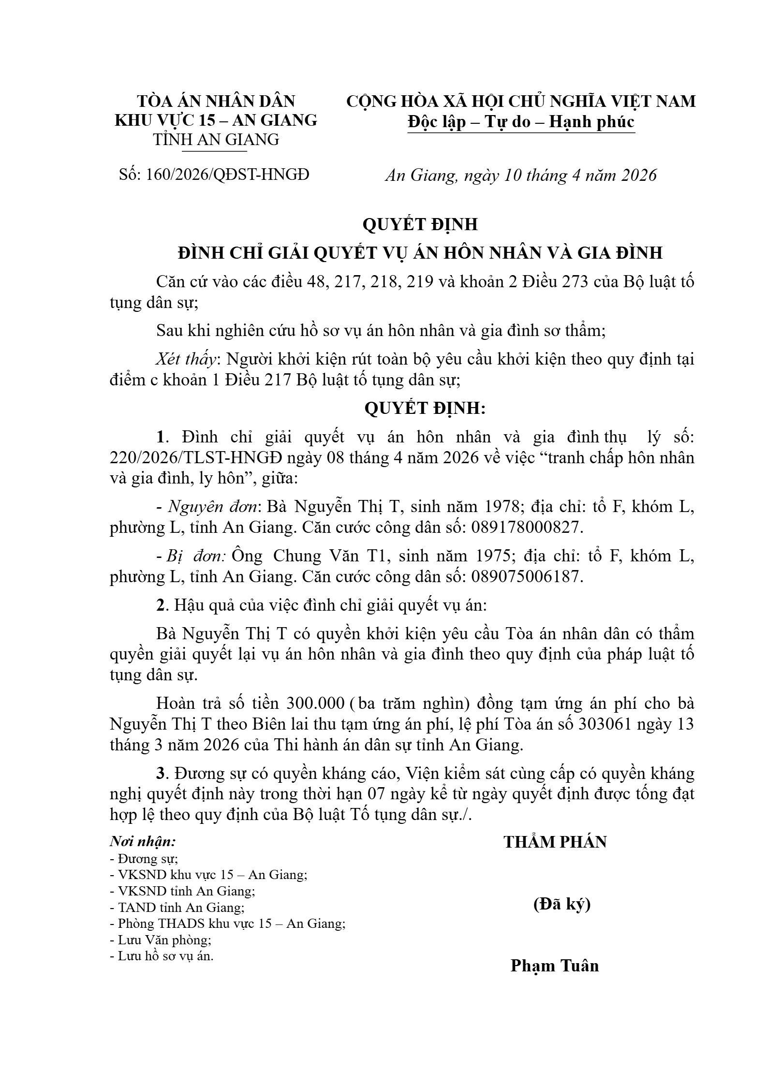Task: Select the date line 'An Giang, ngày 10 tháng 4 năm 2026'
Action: [521, 175]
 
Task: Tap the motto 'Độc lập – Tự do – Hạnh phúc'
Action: [521, 121]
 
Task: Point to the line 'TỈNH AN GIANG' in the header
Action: [216, 140]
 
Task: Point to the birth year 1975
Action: [491, 556]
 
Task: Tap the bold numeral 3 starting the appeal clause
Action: [161, 774]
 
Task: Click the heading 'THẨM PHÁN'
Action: [555, 842]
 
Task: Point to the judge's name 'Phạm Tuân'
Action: [555, 966]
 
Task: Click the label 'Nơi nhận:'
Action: [143, 842]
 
